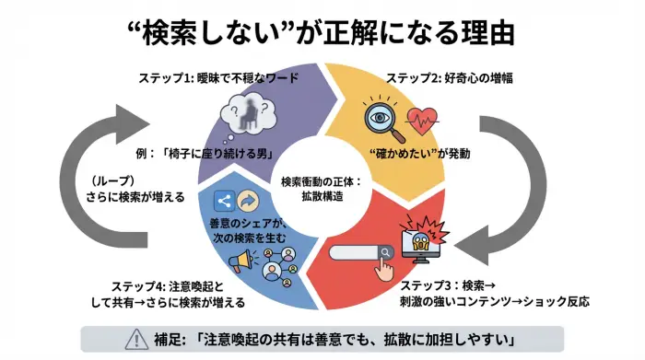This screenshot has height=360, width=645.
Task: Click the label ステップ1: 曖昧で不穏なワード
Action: [x=217, y=78]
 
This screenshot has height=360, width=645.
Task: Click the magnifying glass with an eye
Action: [x=381, y=120]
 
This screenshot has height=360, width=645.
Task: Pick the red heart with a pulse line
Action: [x=424, y=122]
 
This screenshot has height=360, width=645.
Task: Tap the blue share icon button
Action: [x=222, y=201]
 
